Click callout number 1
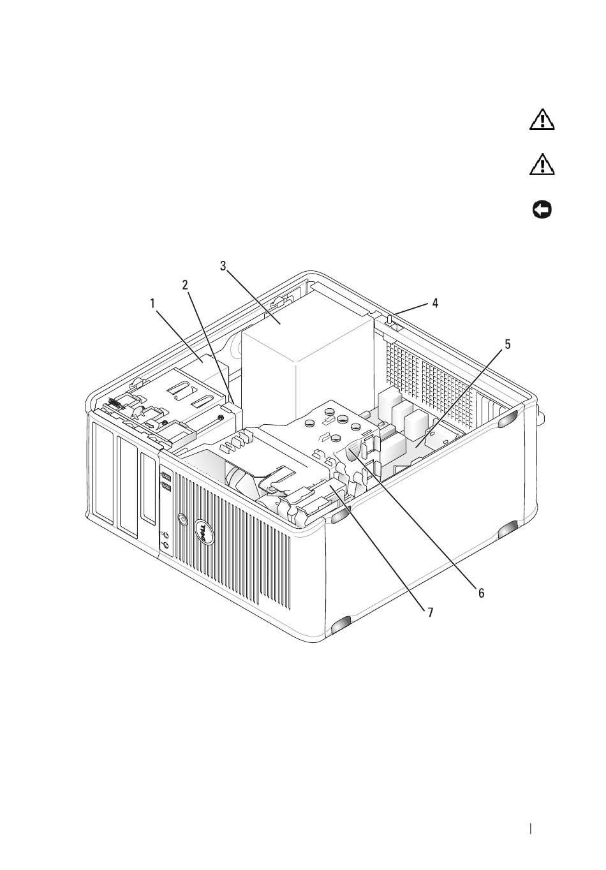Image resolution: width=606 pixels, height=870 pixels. tap(153, 304)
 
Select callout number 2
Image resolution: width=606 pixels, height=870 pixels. tap(185, 285)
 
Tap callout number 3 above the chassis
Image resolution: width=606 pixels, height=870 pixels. tap(223, 266)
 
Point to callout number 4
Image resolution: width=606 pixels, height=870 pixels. tap(435, 304)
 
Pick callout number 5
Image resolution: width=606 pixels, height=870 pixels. tap(507, 344)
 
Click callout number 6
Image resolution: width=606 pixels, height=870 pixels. tap(482, 593)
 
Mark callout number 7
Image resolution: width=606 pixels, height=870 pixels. tap(430, 612)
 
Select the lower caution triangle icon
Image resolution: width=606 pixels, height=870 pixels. tap(542, 165)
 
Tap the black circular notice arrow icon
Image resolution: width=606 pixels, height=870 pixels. tap(542, 210)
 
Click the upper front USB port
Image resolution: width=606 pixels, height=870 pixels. tap(165, 476)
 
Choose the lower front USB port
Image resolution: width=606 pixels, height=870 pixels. tap(165, 487)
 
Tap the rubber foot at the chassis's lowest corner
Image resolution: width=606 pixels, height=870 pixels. tap(342, 630)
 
